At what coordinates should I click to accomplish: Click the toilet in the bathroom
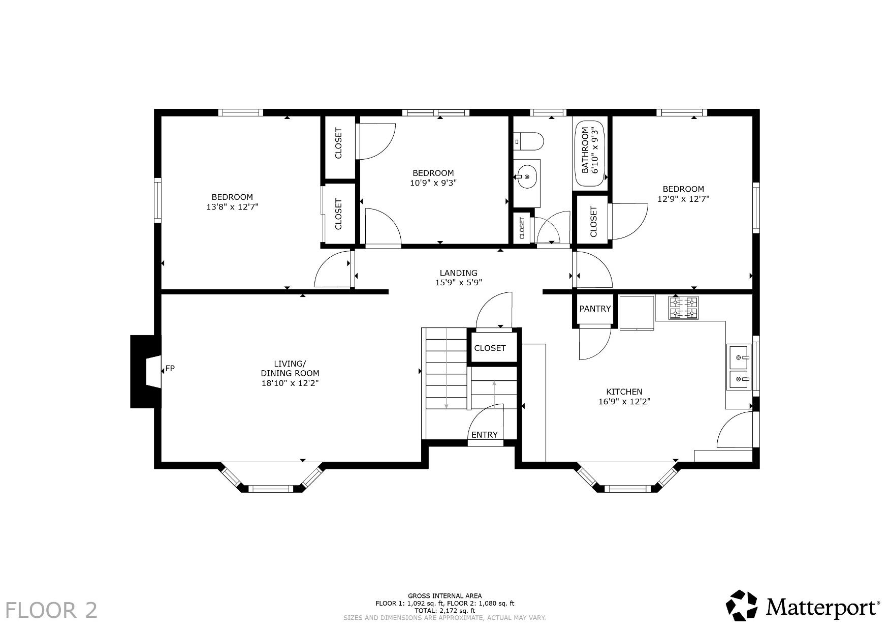pos(529,141)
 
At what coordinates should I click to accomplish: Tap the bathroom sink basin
pos(527,176)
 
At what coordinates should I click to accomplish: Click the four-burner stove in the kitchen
pos(683,308)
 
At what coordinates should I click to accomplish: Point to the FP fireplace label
pos(170,368)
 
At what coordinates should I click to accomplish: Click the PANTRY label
pos(595,309)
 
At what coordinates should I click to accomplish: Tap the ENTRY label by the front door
pos(485,435)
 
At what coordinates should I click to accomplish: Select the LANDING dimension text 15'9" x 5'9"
pos(458,283)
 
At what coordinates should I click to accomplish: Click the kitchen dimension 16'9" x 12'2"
pos(624,401)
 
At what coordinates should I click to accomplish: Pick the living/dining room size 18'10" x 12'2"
pos(290,383)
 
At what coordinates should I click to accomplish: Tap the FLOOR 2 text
pos(51,610)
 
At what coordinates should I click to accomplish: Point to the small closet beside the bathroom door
pos(522,228)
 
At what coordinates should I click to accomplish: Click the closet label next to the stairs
pos(490,348)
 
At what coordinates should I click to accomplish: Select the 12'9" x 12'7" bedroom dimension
pos(683,199)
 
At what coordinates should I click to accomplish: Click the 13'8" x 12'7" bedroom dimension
pos(232,207)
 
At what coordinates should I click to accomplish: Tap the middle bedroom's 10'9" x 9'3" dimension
pos(433,183)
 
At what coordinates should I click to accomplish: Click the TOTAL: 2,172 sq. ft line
pos(445,611)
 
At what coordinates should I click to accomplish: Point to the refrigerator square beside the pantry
pos(637,312)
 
